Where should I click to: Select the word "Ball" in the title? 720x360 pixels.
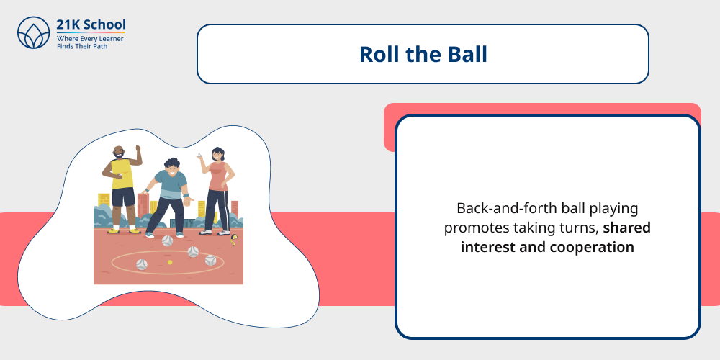pos(467,54)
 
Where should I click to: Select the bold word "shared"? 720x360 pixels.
pos(627,228)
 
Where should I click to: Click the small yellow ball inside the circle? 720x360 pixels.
pos(170,262)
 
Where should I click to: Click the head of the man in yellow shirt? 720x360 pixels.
pos(119,153)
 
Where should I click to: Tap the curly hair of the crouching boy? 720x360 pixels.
pos(171,165)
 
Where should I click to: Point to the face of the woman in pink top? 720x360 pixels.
pos(218,155)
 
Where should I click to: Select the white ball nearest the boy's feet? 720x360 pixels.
pos(167,240)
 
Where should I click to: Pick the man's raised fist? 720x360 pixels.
pos(138,149)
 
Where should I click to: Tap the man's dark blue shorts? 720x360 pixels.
pos(123,197)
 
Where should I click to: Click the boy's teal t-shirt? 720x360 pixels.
pos(171,186)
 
